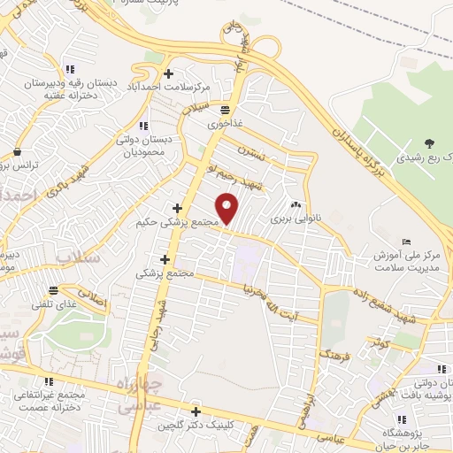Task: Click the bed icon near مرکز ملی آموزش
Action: click(x=406, y=242)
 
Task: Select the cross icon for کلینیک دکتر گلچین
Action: click(x=196, y=411)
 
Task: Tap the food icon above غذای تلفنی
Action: click(x=55, y=289)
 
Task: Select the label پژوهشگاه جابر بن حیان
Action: click(x=420, y=434)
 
